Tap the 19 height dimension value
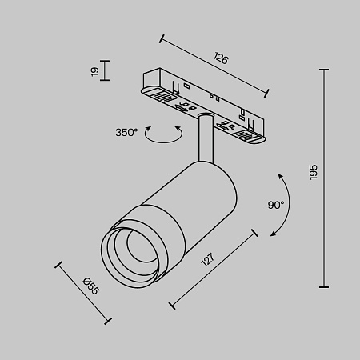pos(94,72)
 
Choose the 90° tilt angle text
pos(277,205)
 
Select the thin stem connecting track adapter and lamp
pos(203,137)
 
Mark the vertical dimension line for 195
pos(325,178)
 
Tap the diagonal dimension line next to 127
pos(214,269)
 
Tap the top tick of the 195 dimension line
pos(325,70)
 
